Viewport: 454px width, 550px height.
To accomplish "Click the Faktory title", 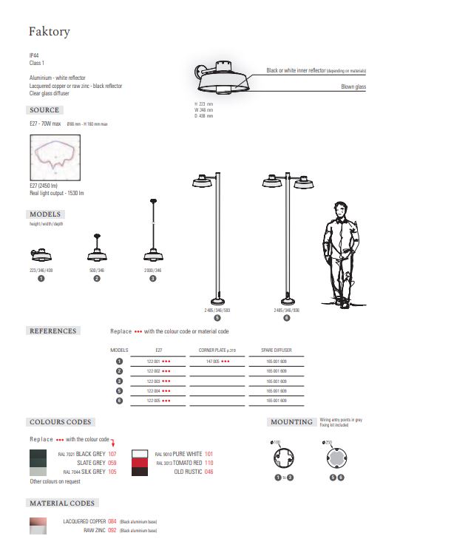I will click(49, 32).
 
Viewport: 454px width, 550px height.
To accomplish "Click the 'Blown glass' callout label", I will click(353, 87).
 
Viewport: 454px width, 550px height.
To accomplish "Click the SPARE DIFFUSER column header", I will click(276, 350).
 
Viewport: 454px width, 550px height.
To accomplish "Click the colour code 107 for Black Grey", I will click(112, 453).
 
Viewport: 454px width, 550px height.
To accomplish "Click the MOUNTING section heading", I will click(291, 422).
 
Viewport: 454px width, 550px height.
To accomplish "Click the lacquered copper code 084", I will click(112, 521).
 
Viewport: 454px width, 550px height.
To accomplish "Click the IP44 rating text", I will click(34, 55).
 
